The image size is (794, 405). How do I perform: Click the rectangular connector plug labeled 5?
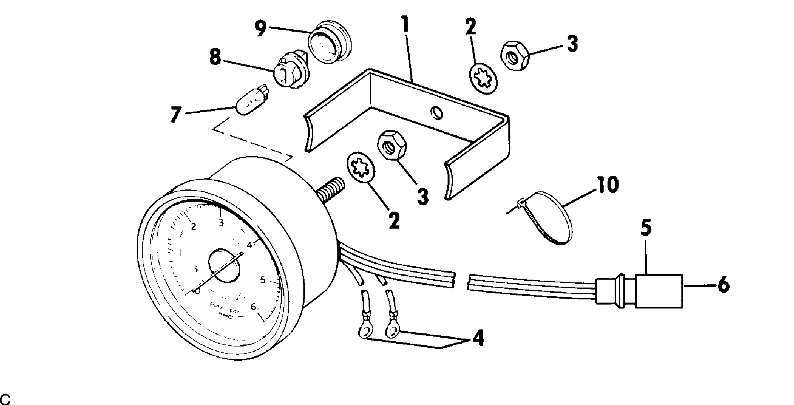pyautogui.click(x=659, y=291)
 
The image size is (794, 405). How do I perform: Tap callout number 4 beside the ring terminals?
pyautogui.click(x=478, y=339)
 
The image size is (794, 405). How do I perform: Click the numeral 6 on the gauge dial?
pyautogui.click(x=254, y=307)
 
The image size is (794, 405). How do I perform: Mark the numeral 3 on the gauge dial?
pyautogui.click(x=221, y=223)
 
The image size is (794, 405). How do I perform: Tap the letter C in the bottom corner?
pyautogui.click(x=6, y=397)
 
